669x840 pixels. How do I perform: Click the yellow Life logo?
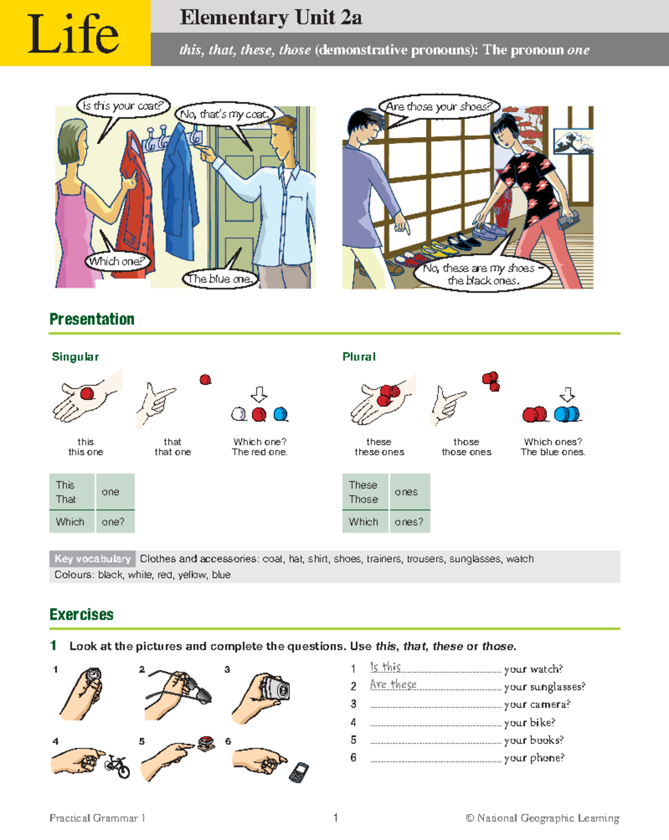pyautogui.click(x=75, y=33)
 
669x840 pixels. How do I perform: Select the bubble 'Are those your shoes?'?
pyautogui.click(x=439, y=106)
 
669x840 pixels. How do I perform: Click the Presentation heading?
pyautogui.click(x=92, y=319)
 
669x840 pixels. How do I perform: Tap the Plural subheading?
pyautogui.click(x=358, y=356)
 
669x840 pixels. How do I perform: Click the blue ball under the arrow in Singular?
pyautogui.click(x=281, y=414)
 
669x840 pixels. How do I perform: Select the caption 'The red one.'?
pyautogui.click(x=260, y=452)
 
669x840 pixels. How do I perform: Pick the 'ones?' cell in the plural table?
pyautogui.click(x=409, y=522)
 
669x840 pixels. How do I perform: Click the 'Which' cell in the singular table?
pyautogui.click(x=70, y=522)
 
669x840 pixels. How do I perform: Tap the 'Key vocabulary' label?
pyautogui.click(x=93, y=559)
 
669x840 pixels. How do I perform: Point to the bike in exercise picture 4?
pyautogui.click(x=118, y=766)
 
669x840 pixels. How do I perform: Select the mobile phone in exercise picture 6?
pyautogui.click(x=299, y=773)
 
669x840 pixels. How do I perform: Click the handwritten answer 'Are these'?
pyautogui.click(x=393, y=685)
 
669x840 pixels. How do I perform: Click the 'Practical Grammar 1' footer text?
pyautogui.click(x=97, y=818)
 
